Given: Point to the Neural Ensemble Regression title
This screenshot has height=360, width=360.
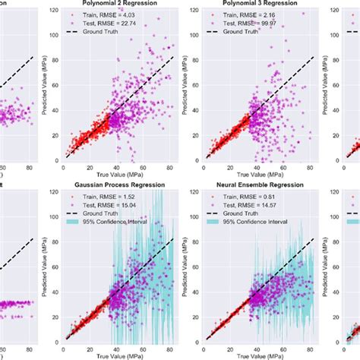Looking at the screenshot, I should point(260,183).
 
